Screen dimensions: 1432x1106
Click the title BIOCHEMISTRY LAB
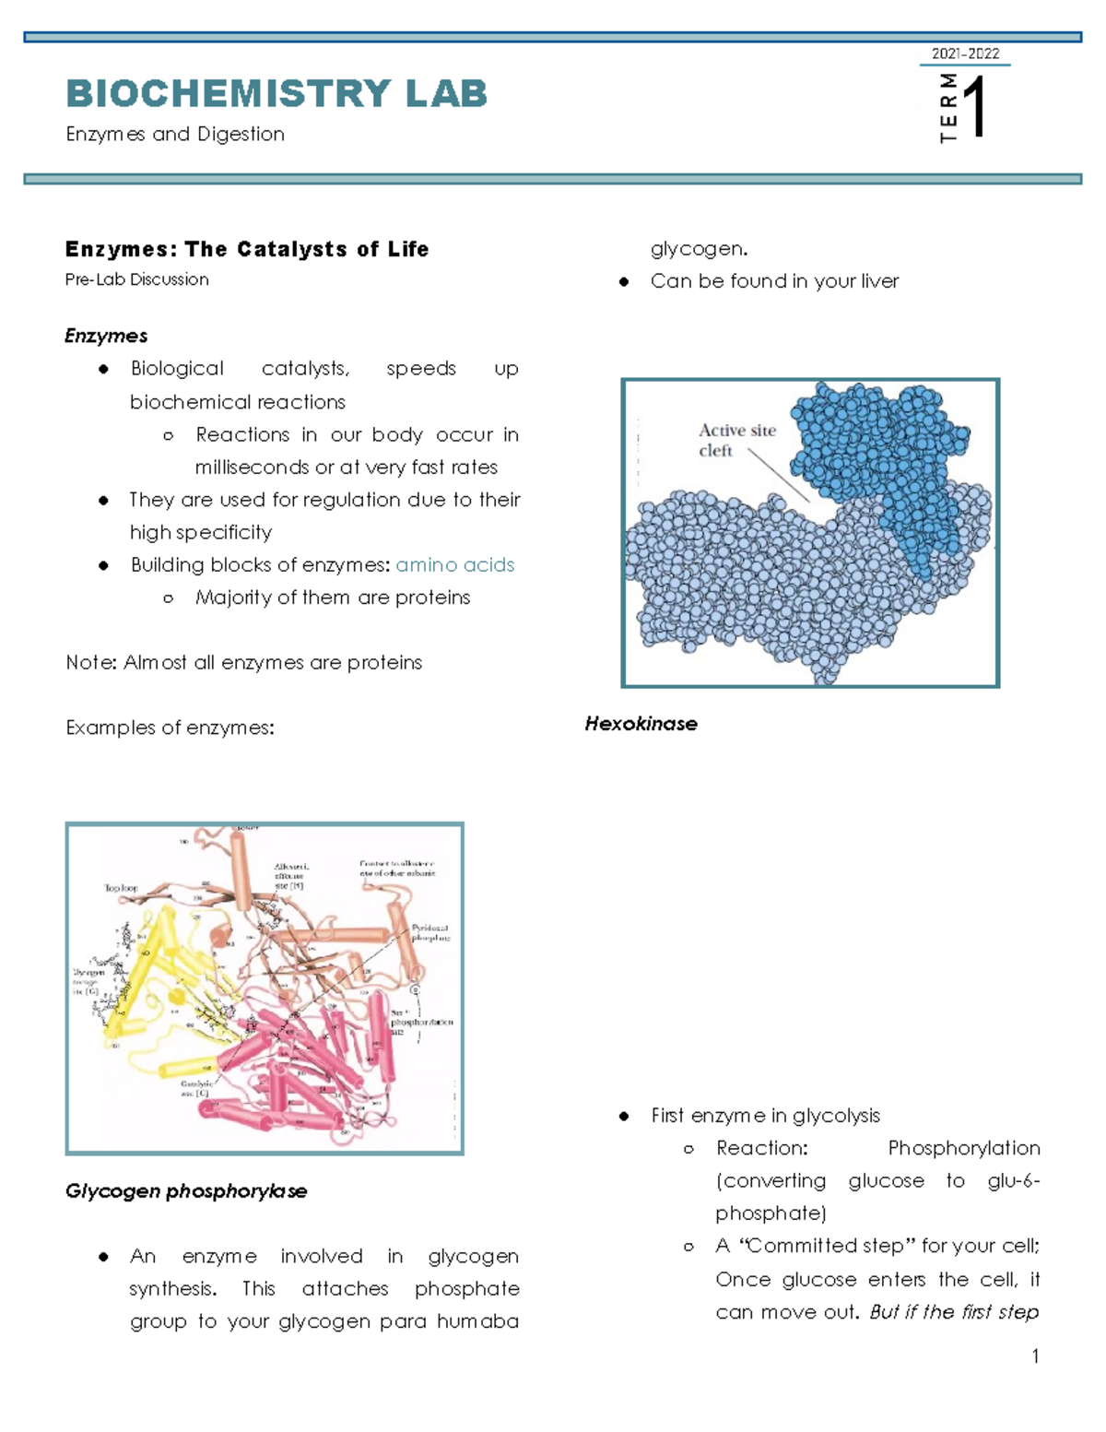pyautogui.click(x=276, y=94)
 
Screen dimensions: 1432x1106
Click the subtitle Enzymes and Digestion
pyautogui.click(x=175, y=135)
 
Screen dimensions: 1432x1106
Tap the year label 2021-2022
pyautogui.click(x=965, y=53)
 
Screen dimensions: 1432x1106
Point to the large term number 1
pyautogui.click(x=977, y=108)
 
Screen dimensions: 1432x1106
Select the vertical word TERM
pyautogui.click(x=948, y=108)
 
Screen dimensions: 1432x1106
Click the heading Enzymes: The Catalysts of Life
pyautogui.click(x=247, y=249)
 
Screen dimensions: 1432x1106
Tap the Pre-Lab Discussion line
pyautogui.click(x=137, y=279)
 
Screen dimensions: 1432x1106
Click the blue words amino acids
pyautogui.click(x=455, y=565)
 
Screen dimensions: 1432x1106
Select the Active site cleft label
pyautogui.click(x=736, y=440)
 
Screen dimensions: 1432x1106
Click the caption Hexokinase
pyautogui.click(x=641, y=724)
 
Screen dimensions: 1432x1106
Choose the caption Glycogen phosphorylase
pyautogui.click(x=186, y=1191)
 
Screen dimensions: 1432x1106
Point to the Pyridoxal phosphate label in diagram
pyautogui.click(x=430, y=932)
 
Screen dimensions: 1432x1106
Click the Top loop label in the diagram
pyautogui.click(x=121, y=888)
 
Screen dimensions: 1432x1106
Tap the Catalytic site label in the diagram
pyautogui.click(x=196, y=1088)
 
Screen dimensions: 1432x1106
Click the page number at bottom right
pyautogui.click(x=1036, y=1355)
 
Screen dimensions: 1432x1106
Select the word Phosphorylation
pyautogui.click(x=963, y=1148)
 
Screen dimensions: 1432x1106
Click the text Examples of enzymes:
pyautogui.click(x=171, y=728)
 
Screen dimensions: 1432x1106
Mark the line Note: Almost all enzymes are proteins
pyautogui.click(x=244, y=663)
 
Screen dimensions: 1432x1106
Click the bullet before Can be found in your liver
pyautogui.click(x=624, y=282)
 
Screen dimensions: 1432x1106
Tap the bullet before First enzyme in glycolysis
pyautogui.click(x=624, y=1117)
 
